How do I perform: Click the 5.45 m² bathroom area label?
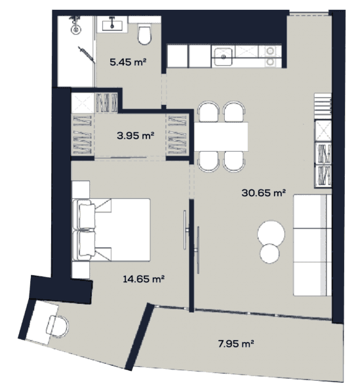pyautogui.click(x=128, y=64)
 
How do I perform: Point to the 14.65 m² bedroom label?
pyautogui.click(x=144, y=278)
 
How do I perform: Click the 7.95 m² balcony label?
pyautogui.click(x=235, y=343)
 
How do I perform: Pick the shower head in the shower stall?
pyautogui.click(x=77, y=28)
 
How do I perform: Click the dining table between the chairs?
pyautogui.click(x=223, y=137)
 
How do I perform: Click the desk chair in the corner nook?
pyautogui.click(x=57, y=325)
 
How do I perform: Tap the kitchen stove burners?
pyautogui.click(x=270, y=57)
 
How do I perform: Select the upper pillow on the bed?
pyautogui.click(x=86, y=214)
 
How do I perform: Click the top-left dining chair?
pyautogui.click(x=209, y=112)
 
